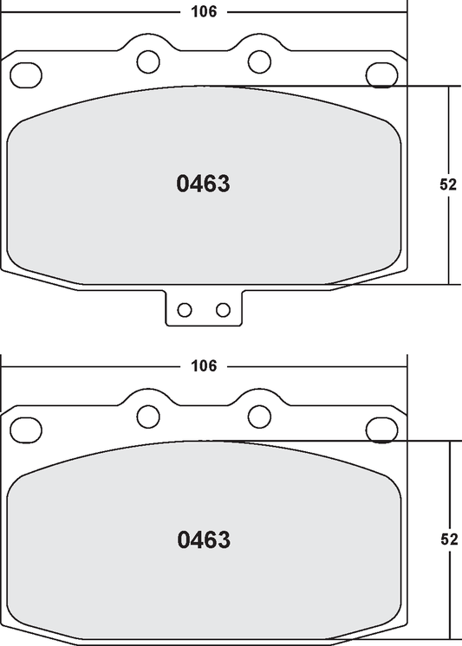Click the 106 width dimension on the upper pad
point(203,12)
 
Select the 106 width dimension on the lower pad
point(203,365)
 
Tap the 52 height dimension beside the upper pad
point(448,184)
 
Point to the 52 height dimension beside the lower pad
point(448,539)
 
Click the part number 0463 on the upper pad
point(203,184)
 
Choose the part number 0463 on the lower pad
point(203,540)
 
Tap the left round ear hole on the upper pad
point(148,61)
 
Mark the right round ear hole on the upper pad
point(259,61)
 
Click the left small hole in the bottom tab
point(184,310)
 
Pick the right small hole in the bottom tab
point(223,310)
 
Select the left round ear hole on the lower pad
point(148,415)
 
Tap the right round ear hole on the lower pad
point(259,415)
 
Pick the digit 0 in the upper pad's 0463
point(184,184)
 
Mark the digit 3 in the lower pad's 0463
point(224,540)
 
